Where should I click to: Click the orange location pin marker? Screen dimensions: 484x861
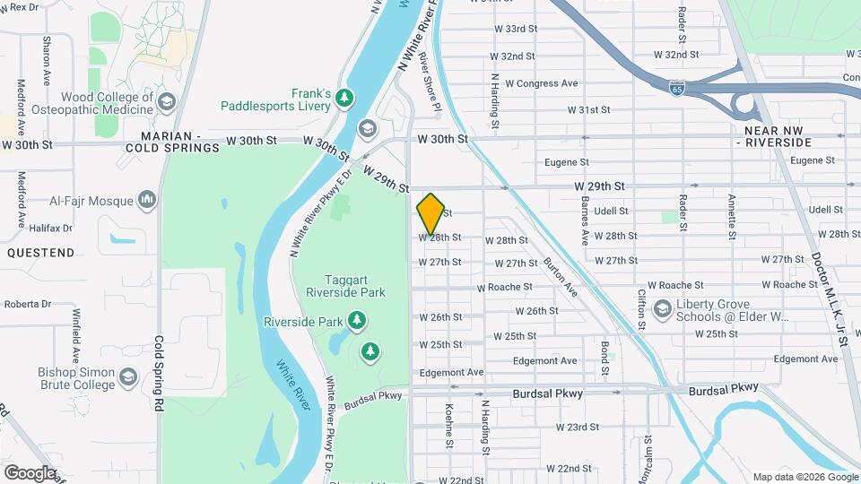[430, 213]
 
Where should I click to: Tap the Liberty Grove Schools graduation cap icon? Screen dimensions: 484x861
[662, 310]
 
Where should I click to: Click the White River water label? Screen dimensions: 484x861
[292, 385]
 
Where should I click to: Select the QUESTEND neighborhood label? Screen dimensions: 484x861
[41, 253]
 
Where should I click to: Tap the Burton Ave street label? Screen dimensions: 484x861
[560, 276]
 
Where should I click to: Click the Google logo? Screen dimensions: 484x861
[30, 472]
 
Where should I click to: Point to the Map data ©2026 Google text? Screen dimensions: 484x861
[804, 477]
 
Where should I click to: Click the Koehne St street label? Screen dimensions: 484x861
[449, 425]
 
